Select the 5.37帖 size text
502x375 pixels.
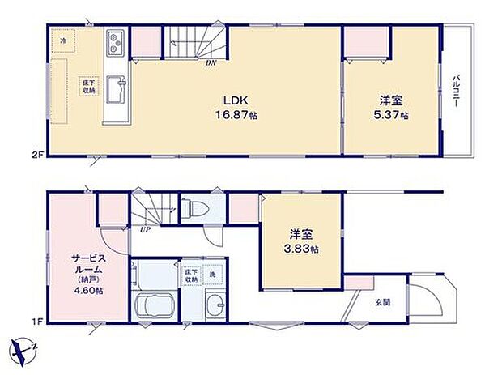[x=392, y=115]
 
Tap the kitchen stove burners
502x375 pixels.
[x=114, y=40]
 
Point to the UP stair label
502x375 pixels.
[x=145, y=229]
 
